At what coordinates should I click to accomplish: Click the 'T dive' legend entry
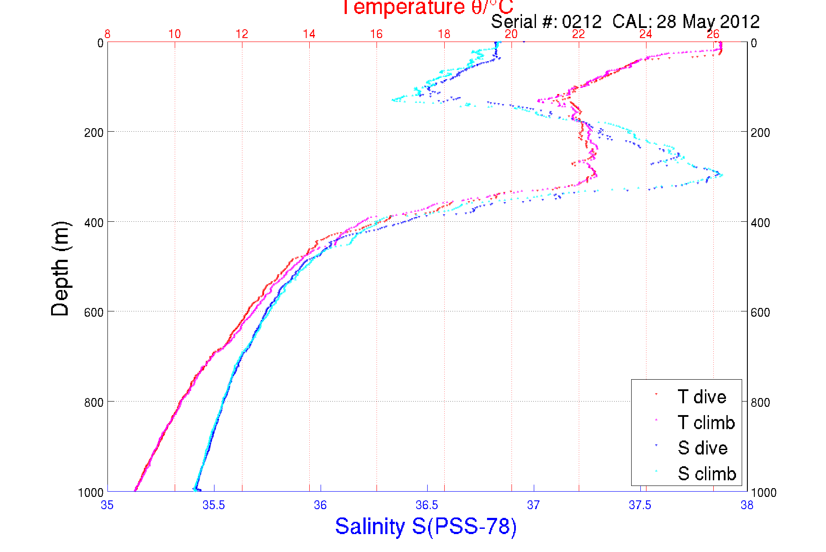702,397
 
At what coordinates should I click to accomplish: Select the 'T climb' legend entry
706,423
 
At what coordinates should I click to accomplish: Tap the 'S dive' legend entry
702,448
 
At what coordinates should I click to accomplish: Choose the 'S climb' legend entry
707,474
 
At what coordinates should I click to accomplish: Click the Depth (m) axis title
60,269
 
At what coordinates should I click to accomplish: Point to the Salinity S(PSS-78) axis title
426,526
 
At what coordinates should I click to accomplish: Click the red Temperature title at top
427,7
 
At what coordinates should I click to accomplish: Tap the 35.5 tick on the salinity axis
214,505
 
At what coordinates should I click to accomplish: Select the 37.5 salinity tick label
640,505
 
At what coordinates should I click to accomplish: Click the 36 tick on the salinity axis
320,505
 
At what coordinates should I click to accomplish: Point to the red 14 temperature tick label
309,34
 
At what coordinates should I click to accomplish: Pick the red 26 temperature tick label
713,34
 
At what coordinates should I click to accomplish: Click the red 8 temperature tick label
107,34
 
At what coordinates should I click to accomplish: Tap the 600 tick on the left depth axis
93,312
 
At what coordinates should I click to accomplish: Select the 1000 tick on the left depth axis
90,493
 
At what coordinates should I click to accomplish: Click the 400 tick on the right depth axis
760,222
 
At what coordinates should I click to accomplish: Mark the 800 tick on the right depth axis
760,402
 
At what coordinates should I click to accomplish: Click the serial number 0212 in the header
581,21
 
